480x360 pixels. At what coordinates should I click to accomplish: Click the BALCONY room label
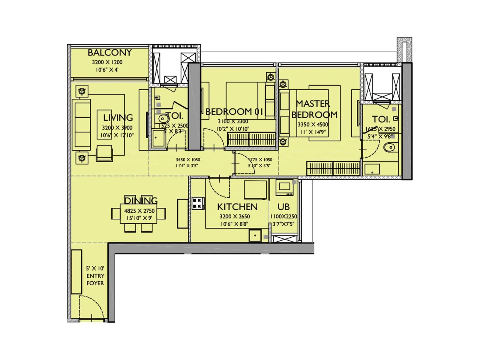click(x=109, y=52)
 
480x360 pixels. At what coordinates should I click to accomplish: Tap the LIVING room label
click(x=118, y=117)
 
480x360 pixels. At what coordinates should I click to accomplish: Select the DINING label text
click(x=141, y=200)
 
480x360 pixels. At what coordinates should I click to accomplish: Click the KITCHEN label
click(x=237, y=207)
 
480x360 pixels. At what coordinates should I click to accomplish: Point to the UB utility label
click(x=283, y=207)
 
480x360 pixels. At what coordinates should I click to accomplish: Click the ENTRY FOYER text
click(x=95, y=279)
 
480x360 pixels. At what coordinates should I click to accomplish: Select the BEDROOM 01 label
click(x=234, y=112)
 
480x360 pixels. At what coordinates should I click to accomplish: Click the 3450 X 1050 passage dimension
click(x=188, y=160)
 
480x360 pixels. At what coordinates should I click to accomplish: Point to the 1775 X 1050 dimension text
click(x=260, y=160)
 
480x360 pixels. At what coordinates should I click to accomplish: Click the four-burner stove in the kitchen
click(x=198, y=203)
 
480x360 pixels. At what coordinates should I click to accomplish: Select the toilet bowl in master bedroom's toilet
click(x=389, y=148)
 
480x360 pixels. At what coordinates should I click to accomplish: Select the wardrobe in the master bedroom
click(x=333, y=168)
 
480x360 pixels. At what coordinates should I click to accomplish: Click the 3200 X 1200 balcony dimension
click(x=107, y=62)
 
